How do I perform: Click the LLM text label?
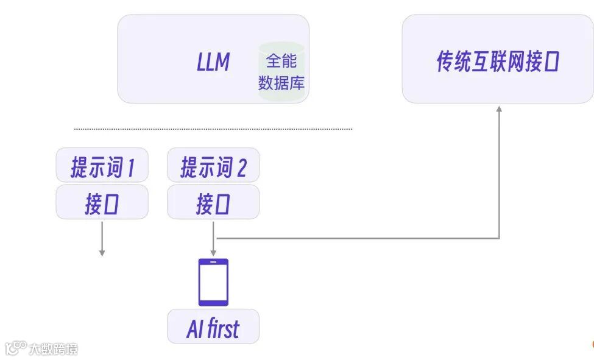point(213,62)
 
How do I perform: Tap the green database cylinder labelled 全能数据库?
point(281,72)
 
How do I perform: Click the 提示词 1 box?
point(102,165)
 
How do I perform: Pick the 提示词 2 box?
point(213,165)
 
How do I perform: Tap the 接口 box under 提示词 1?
point(102,202)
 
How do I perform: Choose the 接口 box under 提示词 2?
point(213,202)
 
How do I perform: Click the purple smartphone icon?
point(213,282)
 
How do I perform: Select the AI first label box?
point(213,327)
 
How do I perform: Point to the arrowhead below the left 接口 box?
point(102,252)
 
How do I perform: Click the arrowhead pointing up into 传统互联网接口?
point(499,109)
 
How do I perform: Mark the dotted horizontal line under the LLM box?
point(213,129)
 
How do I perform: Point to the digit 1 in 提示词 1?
point(130,168)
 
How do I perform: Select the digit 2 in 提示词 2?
point(241,168)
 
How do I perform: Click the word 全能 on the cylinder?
point(281,62)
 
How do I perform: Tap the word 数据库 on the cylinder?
point(281,82)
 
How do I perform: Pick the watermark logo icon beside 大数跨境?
point(15,348)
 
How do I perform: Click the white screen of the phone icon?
point(213,282)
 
